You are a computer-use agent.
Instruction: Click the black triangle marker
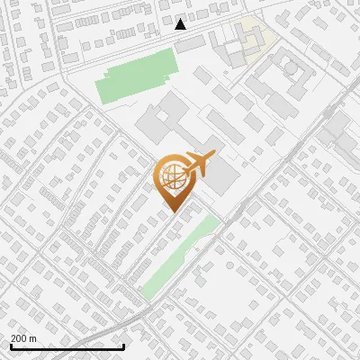point(181,24)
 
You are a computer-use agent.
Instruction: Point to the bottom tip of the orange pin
point(171,211)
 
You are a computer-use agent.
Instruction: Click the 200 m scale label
point(23,339)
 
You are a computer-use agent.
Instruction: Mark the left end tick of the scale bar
point(11,346)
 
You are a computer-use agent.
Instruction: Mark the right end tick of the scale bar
point(123,346)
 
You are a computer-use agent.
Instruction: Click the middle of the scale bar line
point(67,347)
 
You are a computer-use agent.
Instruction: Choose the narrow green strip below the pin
point(180,256)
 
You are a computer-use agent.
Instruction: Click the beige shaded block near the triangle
point(253,38)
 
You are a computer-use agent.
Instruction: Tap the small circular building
point(291,67)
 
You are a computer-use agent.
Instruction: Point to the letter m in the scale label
point(33,339)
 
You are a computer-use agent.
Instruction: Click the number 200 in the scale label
point(20,339)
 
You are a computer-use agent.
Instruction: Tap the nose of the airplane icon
point(212,157)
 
